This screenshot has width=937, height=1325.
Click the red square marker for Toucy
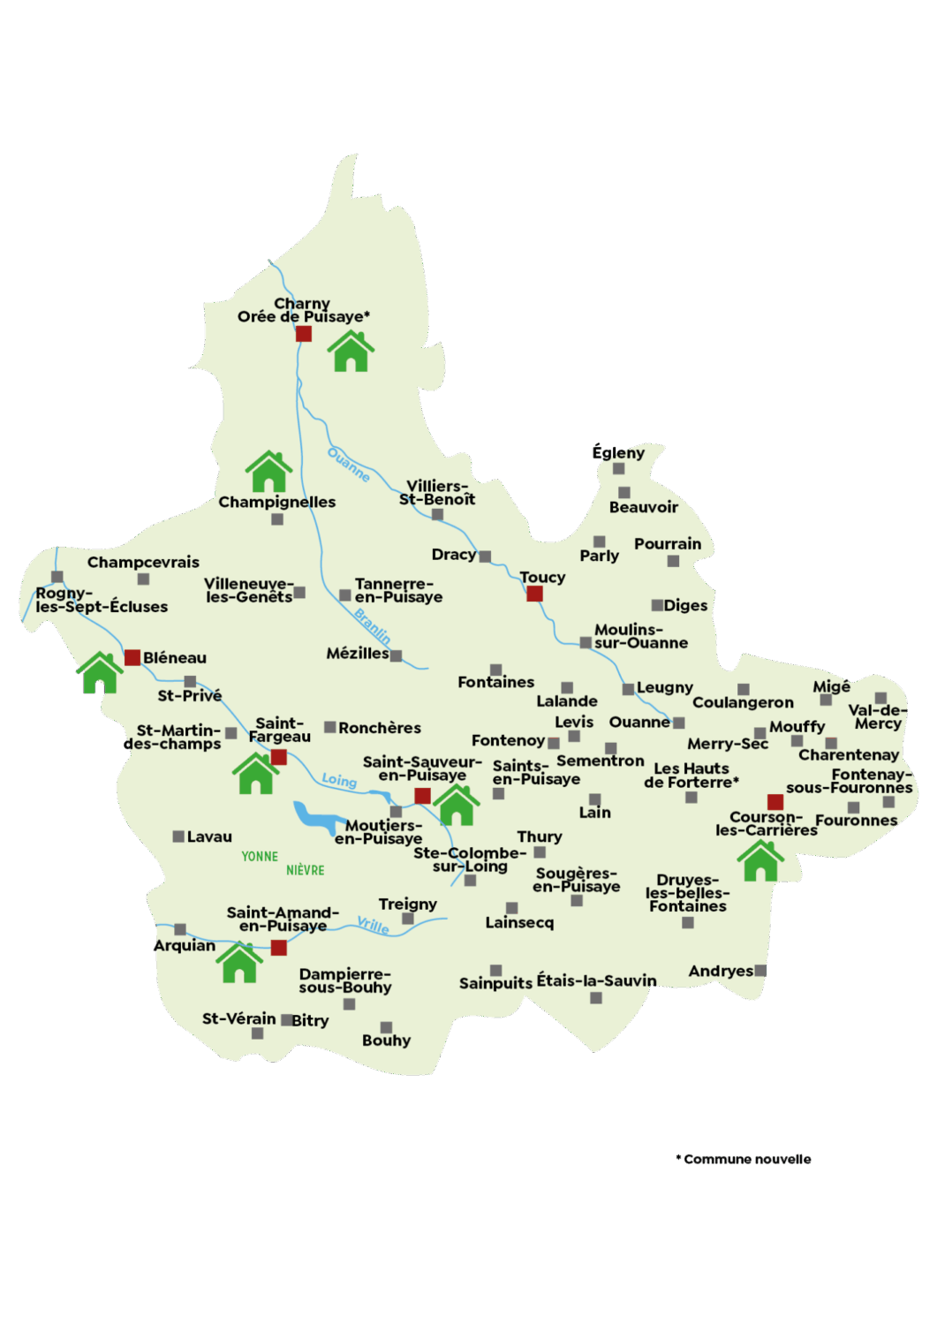tap(534, 594)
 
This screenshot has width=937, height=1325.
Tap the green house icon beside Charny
tap(351, 352)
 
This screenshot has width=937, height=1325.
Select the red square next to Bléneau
tap(132, 657)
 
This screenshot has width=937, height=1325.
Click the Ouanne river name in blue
tap(348, 464)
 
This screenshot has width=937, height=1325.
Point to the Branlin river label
tap(373, 625)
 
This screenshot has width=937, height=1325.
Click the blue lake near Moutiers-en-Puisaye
tap(314, 817)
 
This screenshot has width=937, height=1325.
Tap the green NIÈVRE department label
tap(305, 870)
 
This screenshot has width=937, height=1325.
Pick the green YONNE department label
tap(260, 856)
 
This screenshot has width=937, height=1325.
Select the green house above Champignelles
tap(269, 472)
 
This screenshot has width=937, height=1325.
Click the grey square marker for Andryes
tap(761, 970)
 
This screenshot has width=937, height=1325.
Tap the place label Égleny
tap(618, 452)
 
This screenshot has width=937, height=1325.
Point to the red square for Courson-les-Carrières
tap(775, 802)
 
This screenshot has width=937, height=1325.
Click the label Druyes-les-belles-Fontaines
tap(687, 893)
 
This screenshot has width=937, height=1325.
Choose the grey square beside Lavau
tap(178, 837)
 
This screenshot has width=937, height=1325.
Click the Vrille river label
tap(374, 925)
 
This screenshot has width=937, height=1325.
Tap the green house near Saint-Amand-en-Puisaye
tap(239, 963)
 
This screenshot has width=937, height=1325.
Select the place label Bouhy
tap(386, 1041)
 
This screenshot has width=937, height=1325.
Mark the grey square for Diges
tap(657, 605)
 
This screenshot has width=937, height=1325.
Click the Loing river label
tap(339, 780)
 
